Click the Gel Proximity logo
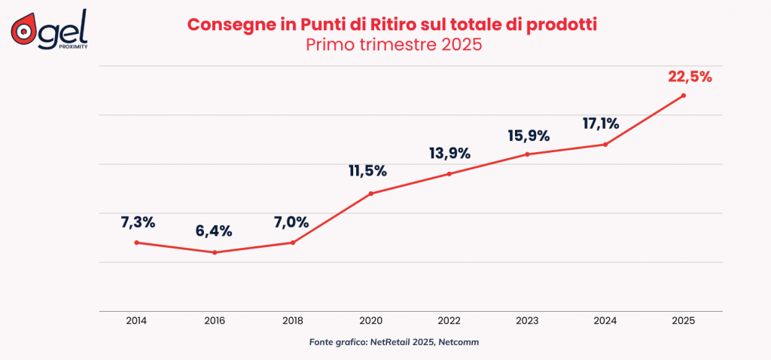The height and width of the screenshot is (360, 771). [x=49, y=29]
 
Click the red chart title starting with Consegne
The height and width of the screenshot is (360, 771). [x=392, y=24]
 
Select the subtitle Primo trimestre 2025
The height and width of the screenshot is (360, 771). [x=393, y=44]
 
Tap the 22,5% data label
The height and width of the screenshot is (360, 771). [x=690, y=76]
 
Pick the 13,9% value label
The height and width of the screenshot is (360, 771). [x=449, y=154]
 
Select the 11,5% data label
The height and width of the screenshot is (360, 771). [x=367, y=171]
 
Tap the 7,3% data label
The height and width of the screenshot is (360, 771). [x=138, y=222]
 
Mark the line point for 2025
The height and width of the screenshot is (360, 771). [x=684, y=96]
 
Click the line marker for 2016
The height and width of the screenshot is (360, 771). [x=215, y=252]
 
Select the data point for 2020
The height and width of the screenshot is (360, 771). [x=371, y=194]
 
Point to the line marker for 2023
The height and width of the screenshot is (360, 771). [x=527, y=154]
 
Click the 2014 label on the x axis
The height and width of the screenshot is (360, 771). [x=136, y=320]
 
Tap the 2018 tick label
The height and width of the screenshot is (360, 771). [x=293, y=320]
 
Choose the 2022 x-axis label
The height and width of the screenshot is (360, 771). [x=449, y=320]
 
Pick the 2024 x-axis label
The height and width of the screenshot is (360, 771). [x=606, y=320]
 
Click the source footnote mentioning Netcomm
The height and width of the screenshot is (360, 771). [x=394, y=342]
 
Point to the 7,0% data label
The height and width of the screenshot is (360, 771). [x=291, y=222]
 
